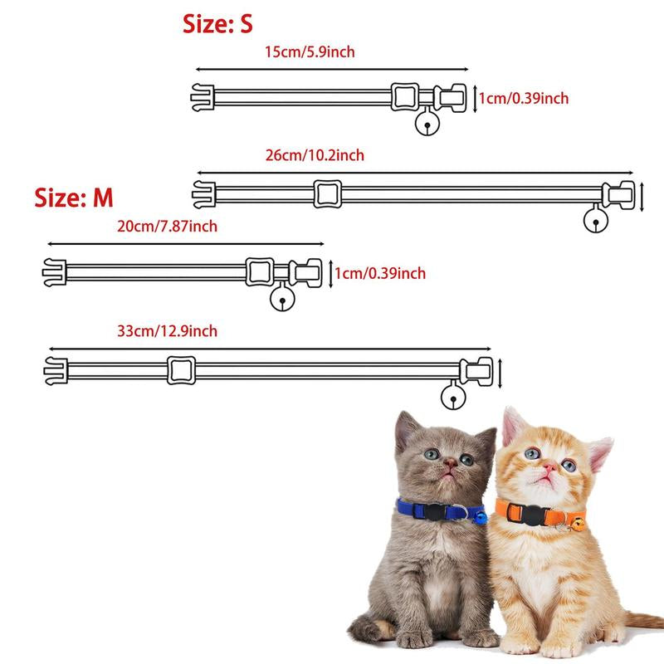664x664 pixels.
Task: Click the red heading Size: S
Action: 217,24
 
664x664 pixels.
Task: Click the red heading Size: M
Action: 74,198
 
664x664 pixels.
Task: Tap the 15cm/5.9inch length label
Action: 310,52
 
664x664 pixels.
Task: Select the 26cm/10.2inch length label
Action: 315,155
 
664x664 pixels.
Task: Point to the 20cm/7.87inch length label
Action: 168,227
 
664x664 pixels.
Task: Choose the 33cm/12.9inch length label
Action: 168,331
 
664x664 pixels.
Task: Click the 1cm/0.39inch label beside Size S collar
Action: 524,98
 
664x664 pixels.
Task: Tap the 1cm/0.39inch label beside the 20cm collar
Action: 380,274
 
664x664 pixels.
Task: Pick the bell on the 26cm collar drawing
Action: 596,220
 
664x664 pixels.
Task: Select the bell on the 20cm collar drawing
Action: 282,299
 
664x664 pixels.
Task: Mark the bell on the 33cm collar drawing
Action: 453,397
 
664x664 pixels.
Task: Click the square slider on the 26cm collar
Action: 328,194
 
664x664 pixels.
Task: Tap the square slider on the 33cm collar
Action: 181,370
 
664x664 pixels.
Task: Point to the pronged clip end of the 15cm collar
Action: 203,97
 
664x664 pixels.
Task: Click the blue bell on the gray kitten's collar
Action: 481,517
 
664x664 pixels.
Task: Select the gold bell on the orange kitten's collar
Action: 578,525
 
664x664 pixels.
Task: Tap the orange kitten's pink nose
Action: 550,467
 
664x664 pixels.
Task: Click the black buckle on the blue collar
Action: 435,511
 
